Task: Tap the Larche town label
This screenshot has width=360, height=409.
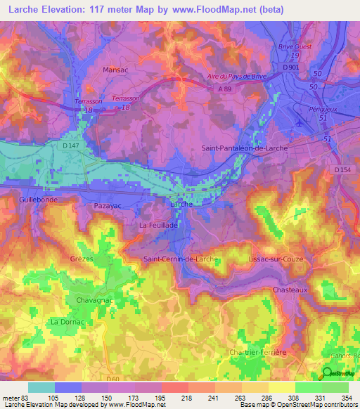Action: pos(183,204)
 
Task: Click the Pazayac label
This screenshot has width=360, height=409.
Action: pos(108,206)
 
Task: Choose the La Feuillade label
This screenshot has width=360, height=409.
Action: pos(158,225)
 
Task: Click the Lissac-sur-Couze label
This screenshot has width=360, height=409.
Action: pos(276,259)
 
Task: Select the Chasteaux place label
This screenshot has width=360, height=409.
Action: pos(290,290)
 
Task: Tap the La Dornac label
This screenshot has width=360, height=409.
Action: pos(67,321)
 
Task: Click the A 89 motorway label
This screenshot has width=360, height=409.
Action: pos(224,89)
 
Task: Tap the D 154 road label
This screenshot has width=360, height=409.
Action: pos(343,169)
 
